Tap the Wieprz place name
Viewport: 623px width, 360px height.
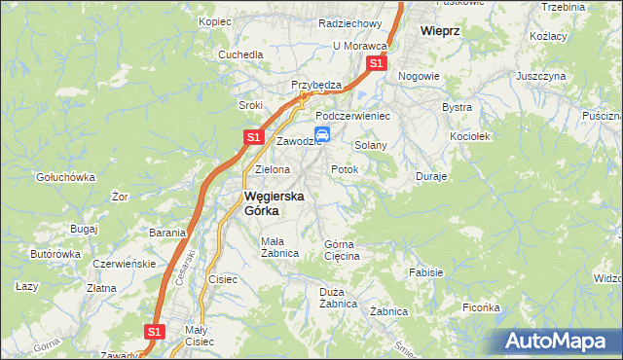point(440,30)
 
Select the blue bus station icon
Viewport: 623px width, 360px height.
point(322,135)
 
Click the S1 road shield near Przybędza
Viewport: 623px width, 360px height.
point(377,64)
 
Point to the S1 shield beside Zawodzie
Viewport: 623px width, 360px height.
point(252,138)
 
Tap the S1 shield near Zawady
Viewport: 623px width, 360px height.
point(153,332)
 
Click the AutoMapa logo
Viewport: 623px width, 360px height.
point(560,342)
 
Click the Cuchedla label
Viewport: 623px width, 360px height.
point(241,54)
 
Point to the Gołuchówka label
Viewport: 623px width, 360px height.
point(64,177)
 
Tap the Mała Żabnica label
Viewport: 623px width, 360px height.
point(278,246)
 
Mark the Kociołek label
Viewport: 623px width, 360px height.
point(469,136)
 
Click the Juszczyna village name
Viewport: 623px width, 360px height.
point(541,75)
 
